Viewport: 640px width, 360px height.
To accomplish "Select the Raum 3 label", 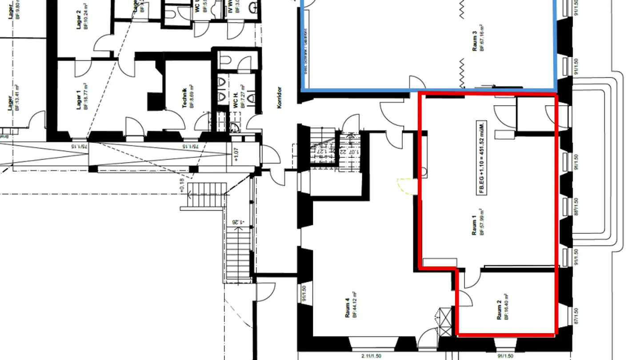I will click(475, 43).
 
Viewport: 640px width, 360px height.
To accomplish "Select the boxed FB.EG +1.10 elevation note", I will click(481, 157).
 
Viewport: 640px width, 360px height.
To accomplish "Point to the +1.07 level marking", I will click(236, 156).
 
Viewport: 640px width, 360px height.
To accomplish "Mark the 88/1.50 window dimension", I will click(577, 206).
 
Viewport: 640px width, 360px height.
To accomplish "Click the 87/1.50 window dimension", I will click(577, 316).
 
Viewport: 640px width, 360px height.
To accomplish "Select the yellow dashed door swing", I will click(405, 186).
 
